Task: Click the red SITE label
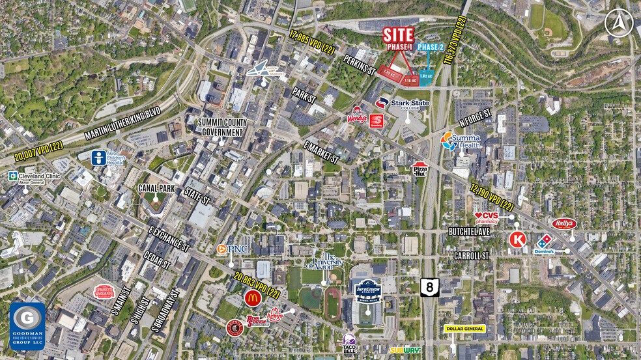pos(398,35)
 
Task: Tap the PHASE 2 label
pos(430,48)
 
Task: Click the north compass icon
pos(618,23)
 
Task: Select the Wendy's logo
pos(357,116)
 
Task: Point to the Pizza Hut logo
pos(420,169)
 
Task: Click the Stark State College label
pos(402,104)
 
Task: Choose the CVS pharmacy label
pos(486,217)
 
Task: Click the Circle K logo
pos(518,240)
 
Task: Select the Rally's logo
pos(564,224)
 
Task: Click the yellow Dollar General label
pos(466,329)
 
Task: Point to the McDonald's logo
pos(253,298)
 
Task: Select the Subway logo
pos(404,350)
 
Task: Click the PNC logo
pos(231,249)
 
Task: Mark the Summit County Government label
pos(221,127)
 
